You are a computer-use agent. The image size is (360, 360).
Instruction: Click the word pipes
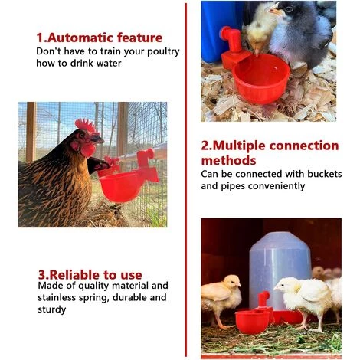pyautogui.click(x=225, y=186)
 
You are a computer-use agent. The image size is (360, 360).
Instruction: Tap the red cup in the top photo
pyautogui.click(x=262, y=77)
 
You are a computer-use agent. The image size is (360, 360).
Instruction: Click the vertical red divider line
pyautogui.click(x=185, y=180)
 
